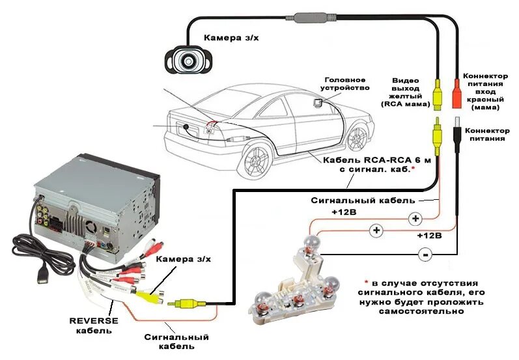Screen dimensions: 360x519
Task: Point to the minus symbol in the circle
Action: (x=425, y=255)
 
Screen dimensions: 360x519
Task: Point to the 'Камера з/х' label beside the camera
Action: (x=231, y=38)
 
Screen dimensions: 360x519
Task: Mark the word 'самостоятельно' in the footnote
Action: (x=420, y=311)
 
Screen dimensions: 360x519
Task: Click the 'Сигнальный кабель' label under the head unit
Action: (x=176, y=342)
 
